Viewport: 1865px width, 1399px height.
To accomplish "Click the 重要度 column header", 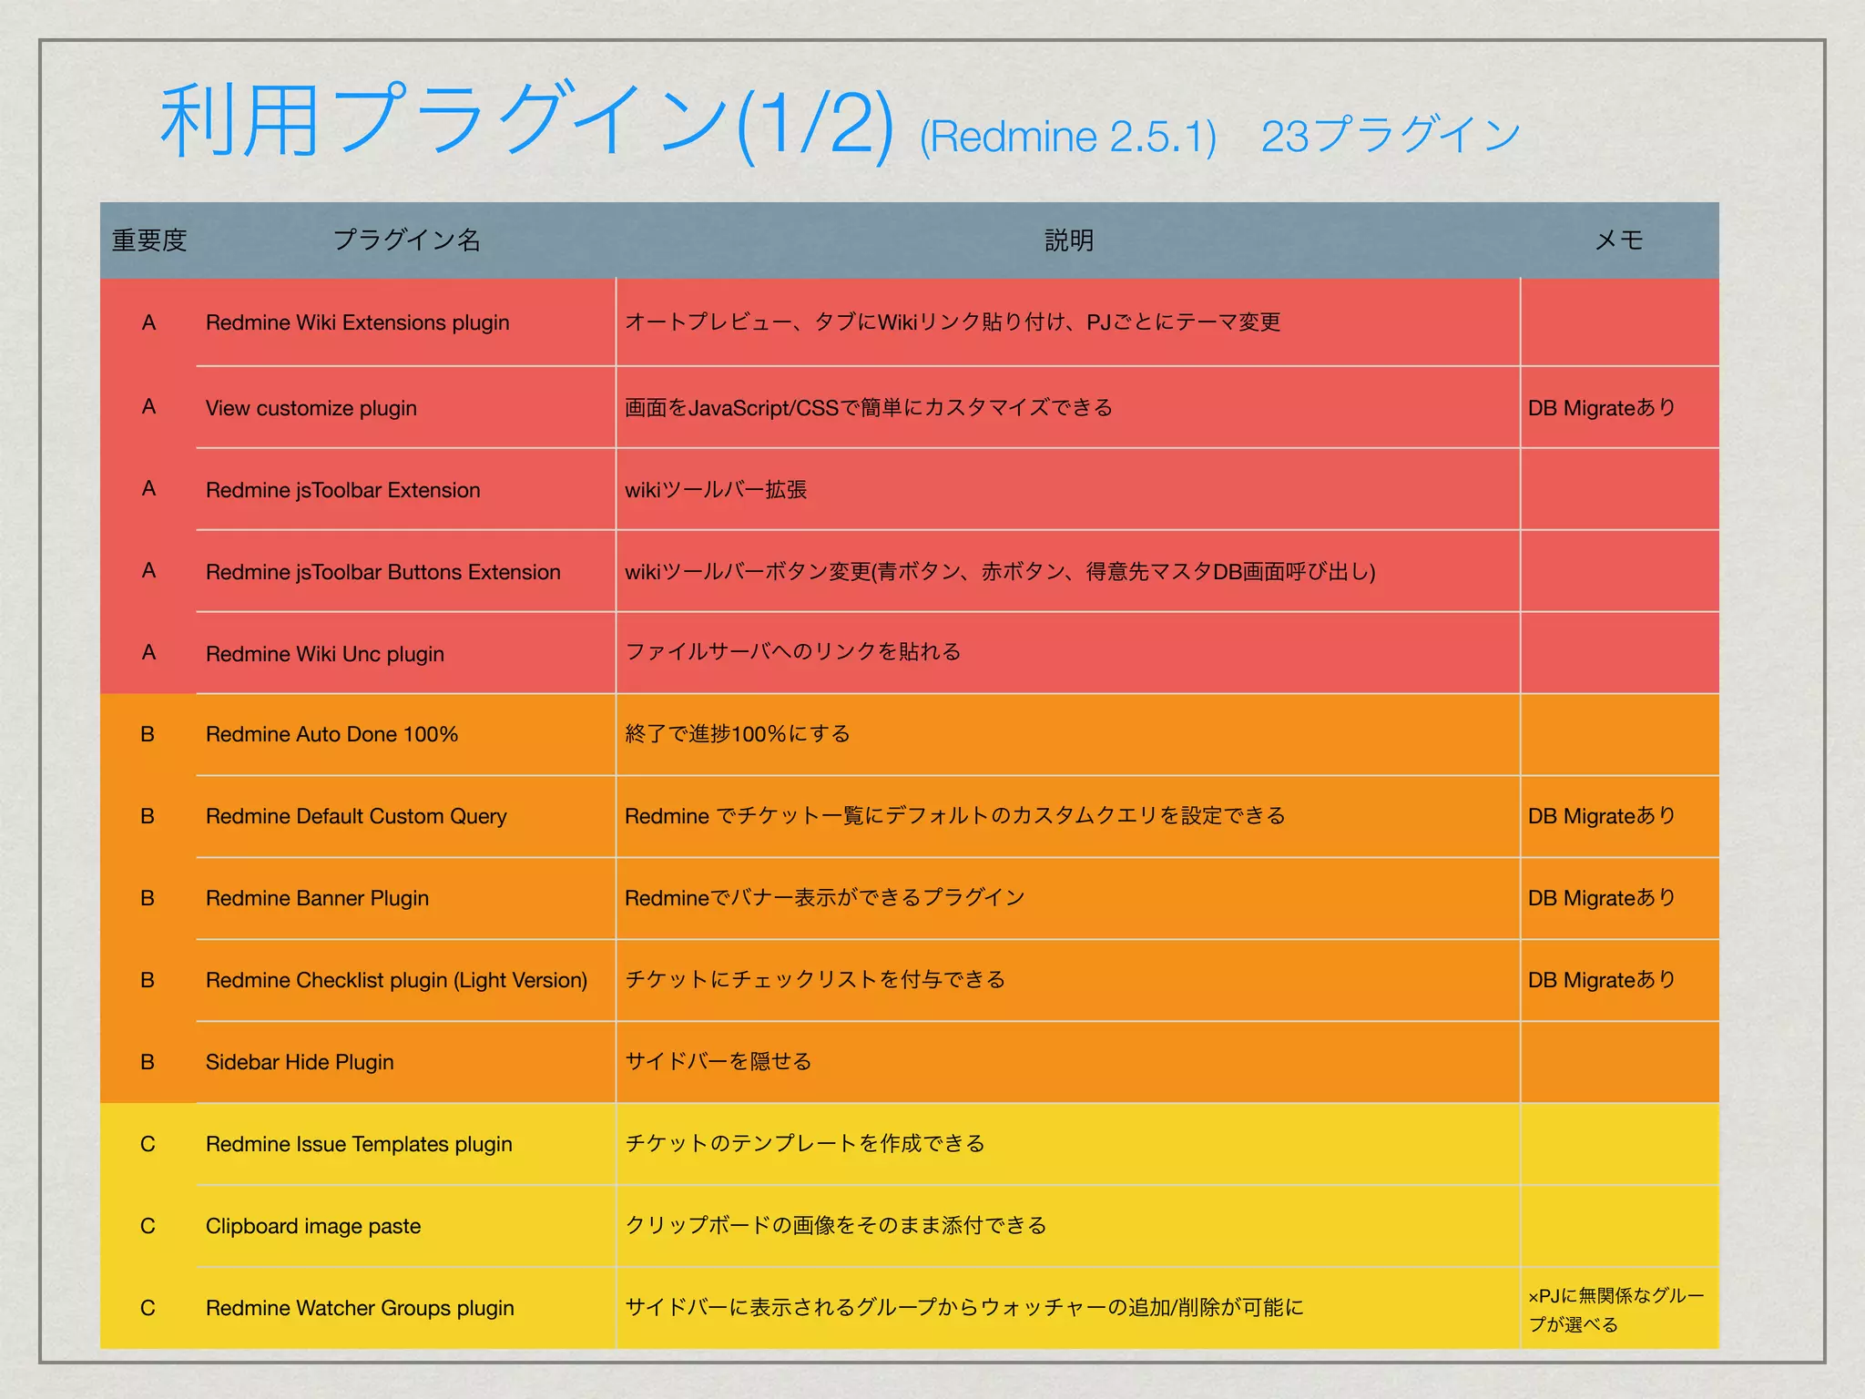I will click(x=149, y=240).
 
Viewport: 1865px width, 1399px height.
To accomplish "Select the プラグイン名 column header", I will click(x=406, y=240).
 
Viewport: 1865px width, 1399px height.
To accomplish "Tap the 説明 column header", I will click(x=1068, y=240).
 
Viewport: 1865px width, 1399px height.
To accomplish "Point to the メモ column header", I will click(x=1618, y=240).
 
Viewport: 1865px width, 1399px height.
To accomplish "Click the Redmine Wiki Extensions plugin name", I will click(x=357, y=322).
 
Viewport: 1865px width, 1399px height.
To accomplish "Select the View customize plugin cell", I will click(x=311, y=408).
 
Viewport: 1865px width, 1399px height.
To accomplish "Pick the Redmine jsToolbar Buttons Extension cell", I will click(x=382, y=572).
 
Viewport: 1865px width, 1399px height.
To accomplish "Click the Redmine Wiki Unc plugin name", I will click(x=324, y=654).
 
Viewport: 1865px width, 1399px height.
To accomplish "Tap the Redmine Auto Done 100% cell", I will click(x=331, y=734).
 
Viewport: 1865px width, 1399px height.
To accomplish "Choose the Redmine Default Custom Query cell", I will click(x=356, y=816).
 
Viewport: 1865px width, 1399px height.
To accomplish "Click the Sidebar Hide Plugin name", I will click(x=300, y=1062).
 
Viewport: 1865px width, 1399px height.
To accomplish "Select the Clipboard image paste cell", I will click(x=313, y=1226).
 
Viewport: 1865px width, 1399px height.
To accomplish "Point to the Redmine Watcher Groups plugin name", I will click(x=360, y=1308).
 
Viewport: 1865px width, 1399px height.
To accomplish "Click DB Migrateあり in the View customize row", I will click(x=1602, y=408).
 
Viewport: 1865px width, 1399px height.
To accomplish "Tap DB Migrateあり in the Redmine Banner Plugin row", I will click(x=1602, y=898).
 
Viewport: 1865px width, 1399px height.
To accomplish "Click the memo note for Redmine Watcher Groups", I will click(x=1615, y=1310).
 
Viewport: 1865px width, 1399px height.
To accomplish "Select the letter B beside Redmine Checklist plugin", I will click(x=148, y=980).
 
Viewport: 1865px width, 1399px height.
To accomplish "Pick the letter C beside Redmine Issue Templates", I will click(x=148, y=1144).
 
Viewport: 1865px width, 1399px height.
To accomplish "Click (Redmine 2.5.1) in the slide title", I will click(x=1067, y=138).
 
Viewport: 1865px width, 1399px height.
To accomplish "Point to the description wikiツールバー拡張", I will click(x=716, y=490).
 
